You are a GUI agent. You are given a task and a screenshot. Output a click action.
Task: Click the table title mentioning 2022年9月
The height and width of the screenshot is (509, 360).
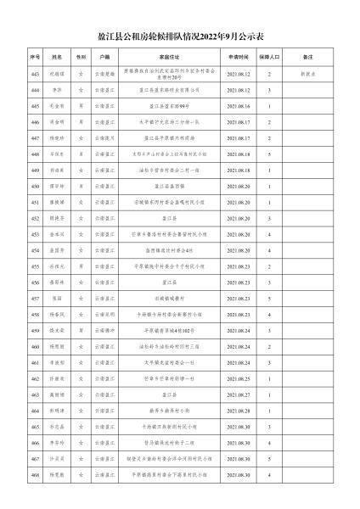[179, 36]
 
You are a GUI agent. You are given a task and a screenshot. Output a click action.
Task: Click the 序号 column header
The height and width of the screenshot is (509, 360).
[35, 57]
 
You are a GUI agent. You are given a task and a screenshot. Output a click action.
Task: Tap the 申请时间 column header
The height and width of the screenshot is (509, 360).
[237, 57]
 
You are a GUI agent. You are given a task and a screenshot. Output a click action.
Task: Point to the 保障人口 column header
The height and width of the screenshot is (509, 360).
[270, 57]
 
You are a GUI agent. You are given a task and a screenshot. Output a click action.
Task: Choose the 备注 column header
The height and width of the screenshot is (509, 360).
[307, 57]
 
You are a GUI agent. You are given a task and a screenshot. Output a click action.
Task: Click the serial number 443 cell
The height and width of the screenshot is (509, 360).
[35, 74]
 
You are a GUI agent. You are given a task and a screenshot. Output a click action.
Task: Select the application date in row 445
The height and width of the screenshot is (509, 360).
[237, 106]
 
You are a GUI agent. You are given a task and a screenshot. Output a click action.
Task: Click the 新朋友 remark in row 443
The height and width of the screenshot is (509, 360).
[307, 74]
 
